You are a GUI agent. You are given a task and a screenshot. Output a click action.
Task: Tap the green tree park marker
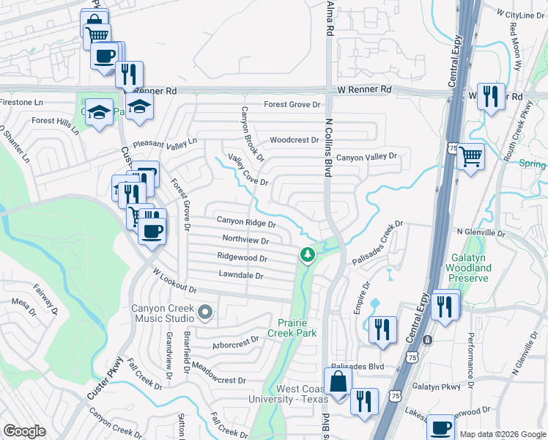308,254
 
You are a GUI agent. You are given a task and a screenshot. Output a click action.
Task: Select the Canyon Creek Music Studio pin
204,313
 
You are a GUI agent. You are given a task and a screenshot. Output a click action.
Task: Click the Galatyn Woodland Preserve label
468,268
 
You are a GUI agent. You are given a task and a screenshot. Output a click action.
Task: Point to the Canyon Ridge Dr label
246,222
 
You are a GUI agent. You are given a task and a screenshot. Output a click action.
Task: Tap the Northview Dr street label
245,240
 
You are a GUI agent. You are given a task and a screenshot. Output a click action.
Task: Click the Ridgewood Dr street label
242,257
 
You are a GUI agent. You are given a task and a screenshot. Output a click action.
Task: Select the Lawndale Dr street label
240,275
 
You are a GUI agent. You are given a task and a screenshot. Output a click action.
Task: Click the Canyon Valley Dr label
366,157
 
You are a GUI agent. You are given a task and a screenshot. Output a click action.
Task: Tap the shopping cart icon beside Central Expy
471,156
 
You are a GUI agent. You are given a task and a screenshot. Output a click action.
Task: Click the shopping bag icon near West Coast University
338,383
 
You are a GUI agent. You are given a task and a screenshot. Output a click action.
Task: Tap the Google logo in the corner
24,431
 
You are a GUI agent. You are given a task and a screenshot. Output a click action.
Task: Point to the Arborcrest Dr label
235,340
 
